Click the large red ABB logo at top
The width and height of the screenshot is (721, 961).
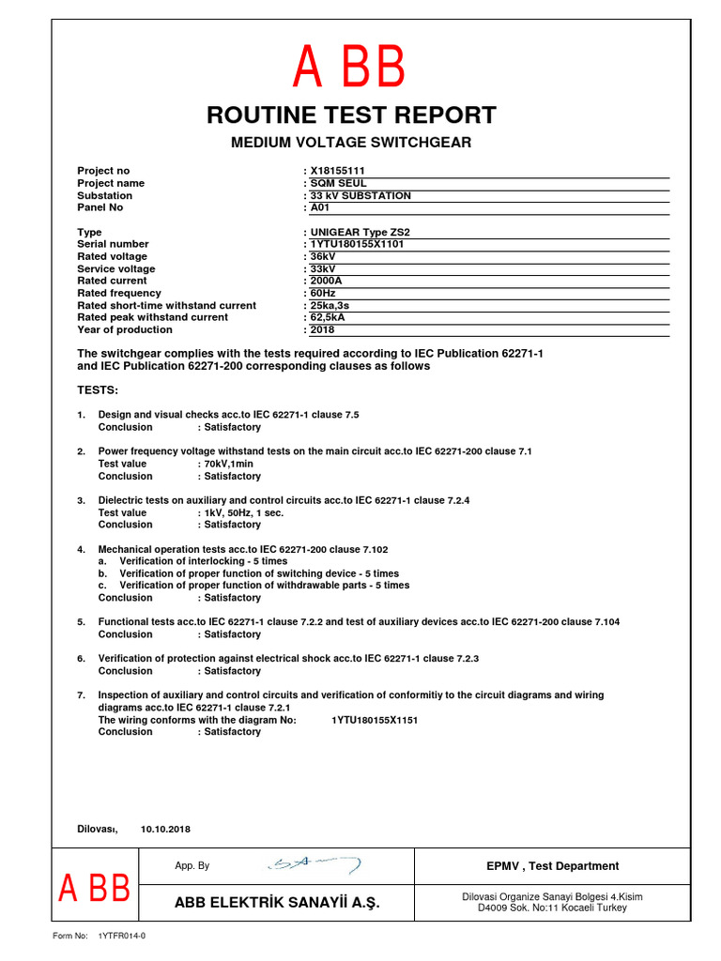(349, 68)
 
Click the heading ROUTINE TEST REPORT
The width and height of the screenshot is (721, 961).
(351, 115)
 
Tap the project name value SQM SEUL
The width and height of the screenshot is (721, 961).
(339, 183)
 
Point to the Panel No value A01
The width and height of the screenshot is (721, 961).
(321, 207)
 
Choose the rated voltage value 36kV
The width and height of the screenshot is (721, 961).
(323, 256)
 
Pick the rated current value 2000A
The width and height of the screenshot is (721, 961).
(326, 281)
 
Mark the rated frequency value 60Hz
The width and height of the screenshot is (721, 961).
(323, 293)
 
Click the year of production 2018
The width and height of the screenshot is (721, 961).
(322, 329)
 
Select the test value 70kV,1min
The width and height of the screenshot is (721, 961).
(229, 464)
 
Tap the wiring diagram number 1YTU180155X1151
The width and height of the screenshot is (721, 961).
(375, 720)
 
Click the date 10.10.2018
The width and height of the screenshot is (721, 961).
(165, 830)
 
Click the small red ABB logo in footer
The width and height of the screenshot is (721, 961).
(94, 888)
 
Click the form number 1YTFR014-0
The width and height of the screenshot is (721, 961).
(122, 936)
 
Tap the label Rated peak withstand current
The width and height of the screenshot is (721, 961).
(152, 317)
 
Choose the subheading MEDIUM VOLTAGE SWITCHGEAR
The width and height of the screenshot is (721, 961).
(351, 143)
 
